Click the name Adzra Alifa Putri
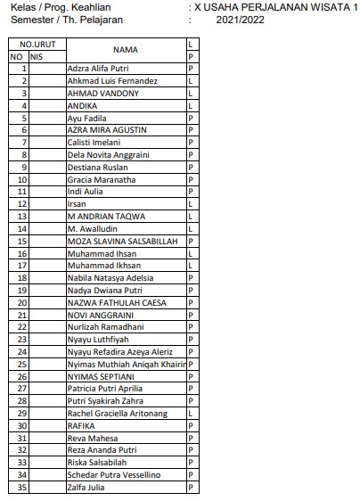pos(98,68)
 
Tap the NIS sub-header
pos(37,55)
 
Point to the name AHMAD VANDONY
pos(102,93)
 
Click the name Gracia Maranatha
pos(102,179)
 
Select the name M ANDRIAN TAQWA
pos(106,216)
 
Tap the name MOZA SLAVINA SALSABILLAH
pos(124,241)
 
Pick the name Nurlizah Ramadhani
pos(105,327)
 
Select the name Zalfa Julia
pos(88,488)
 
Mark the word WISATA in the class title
pos(312,6)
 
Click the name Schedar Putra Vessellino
pos(114,475)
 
